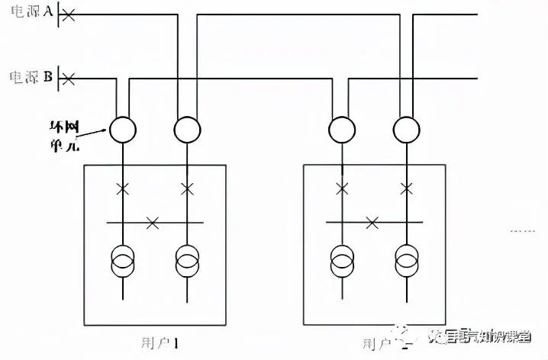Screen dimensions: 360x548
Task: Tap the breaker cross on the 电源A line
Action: [x=68, y=14]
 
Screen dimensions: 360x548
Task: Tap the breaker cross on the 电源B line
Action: [x=68, y=78]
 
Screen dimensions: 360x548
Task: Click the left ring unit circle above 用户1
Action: [x=121, y=130]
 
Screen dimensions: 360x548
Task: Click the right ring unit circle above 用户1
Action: [x=186, y=130]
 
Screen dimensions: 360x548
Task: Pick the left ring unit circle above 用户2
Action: [x=340, y=130]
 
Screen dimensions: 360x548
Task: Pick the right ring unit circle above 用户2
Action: [x=405, y=130]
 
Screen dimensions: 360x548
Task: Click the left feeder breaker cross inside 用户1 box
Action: [x=121, y=188]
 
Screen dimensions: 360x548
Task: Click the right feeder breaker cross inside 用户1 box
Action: [x=186, y=188]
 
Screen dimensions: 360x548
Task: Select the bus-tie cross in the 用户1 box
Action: [x=153, y=223]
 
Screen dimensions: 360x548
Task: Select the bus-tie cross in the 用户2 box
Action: [x=372, y=223]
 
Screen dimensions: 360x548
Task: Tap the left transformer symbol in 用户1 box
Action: [x=121, y=261]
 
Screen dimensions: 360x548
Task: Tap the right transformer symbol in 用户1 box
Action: [x=186, y=261]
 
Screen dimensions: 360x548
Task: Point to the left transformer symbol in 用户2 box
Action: [x=340, y=261]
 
